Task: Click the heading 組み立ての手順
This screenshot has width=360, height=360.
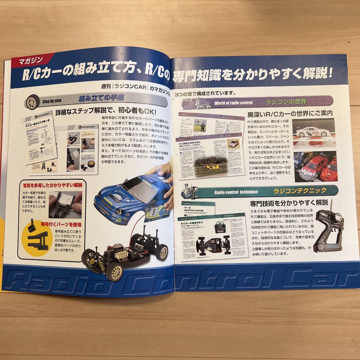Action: [95, 99]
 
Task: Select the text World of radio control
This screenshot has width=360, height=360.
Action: [233, 102]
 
